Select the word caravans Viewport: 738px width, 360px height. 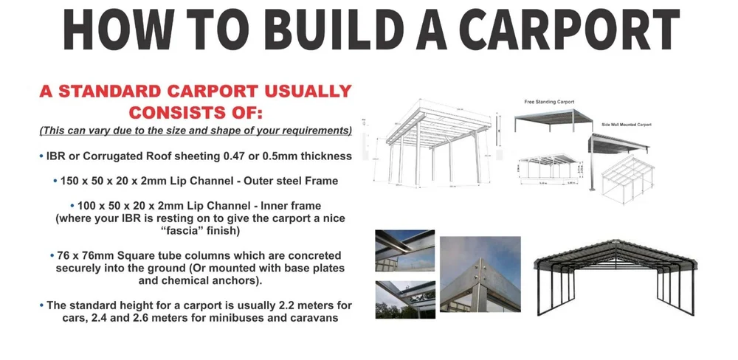310,318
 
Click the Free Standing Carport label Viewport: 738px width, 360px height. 549,101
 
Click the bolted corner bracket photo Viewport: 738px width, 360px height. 480,274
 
